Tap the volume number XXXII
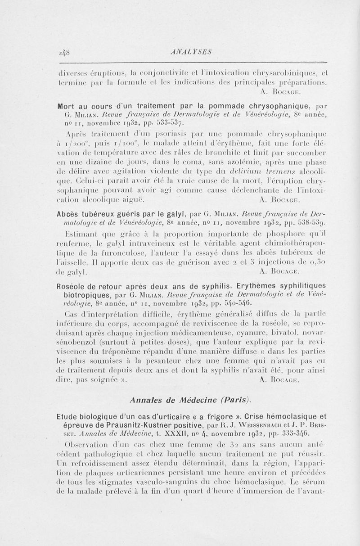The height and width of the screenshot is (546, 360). coord(159,433)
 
